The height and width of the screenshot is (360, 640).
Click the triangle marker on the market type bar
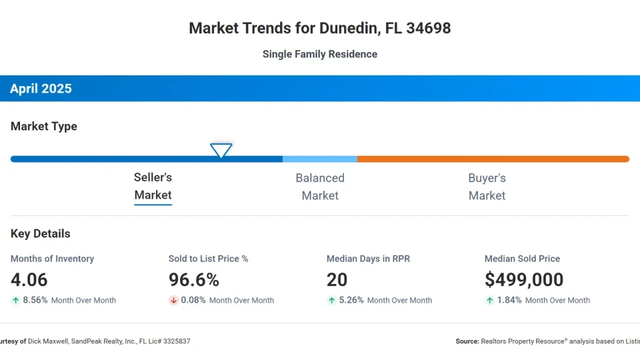[221, 150]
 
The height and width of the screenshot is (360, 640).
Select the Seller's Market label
[153, 186]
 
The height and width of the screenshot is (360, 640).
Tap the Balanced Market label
[320, 187]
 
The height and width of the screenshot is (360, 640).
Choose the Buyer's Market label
[487, 187]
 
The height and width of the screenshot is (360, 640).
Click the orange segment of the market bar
[493, 159]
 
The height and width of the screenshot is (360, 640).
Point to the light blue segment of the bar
[320, 159]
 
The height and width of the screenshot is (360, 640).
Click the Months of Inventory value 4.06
[29, 279]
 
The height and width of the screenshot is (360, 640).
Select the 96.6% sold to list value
[194, 279]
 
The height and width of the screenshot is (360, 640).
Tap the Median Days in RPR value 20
[337, 279]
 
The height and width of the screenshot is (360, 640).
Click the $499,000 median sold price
[524, 279]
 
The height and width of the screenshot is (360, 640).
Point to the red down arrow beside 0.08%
[173, 301]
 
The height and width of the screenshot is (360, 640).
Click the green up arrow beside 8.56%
[15, 301]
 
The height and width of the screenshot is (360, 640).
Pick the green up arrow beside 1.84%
[489, 301]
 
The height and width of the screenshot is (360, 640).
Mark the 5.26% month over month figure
[352, 301]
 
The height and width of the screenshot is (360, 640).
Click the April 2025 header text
[41, 89]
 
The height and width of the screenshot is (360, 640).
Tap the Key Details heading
[41, 233]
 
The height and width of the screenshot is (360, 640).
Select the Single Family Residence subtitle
[320, 54]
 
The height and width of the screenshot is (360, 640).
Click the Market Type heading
[44, 126]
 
